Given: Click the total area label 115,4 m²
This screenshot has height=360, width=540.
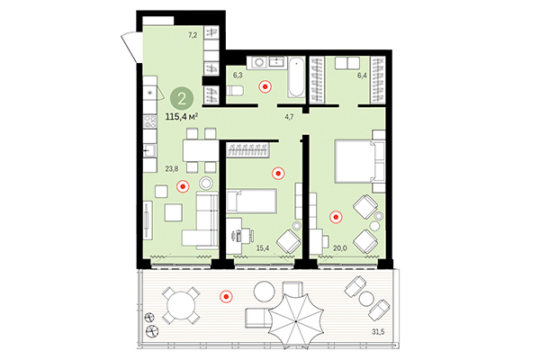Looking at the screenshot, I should click(x=182, y=116).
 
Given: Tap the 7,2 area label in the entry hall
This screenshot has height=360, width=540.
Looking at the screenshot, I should click(x=192, y=35).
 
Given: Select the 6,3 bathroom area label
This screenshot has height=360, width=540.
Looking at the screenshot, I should click(x=238, y=76).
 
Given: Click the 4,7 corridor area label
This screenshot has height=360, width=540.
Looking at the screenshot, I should click(x=290, y=116).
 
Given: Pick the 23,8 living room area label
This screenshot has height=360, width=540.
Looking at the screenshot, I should click(x=172, y=166).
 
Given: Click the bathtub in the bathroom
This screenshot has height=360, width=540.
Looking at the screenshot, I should click(x=293, y=77).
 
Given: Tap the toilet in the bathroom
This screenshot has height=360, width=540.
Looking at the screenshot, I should click(x=236, y=93).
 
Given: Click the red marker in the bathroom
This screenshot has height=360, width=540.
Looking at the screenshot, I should click(x=264, y=87).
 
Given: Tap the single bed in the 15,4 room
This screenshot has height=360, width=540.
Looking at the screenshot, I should click(x=256, y=202).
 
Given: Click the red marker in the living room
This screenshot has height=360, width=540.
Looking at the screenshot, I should click(x=183, y=187).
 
